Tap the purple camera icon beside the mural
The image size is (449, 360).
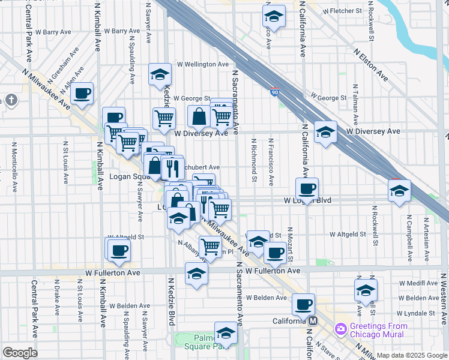[341, 329]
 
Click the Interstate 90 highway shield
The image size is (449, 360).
[274, 91]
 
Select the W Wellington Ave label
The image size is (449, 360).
[202, 64]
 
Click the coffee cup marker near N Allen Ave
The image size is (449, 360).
[82, 93]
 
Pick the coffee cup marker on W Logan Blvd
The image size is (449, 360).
[307, 188]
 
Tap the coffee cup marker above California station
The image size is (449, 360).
[303, 304]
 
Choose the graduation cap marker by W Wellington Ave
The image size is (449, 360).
[160, 74]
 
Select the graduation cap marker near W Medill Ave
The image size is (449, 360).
[366, 290]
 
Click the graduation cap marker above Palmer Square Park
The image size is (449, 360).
[226, 333]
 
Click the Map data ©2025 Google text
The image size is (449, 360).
[412, 355]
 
